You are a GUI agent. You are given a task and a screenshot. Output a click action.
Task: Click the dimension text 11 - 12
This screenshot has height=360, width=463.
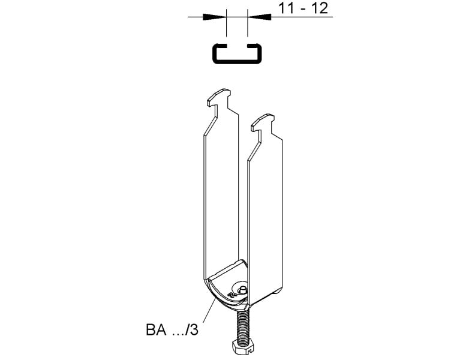coord(303,8)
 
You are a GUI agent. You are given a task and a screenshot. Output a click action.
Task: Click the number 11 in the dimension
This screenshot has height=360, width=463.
coord(286,8)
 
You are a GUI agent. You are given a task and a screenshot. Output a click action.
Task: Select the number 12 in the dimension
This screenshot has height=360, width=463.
coord(320,8)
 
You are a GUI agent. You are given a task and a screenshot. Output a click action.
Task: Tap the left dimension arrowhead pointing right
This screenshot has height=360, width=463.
coord(214,17)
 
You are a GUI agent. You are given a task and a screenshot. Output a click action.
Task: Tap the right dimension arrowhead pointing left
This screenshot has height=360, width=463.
coord(260,17)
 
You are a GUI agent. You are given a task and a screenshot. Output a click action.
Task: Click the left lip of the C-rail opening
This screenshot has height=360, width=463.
coord(220,46)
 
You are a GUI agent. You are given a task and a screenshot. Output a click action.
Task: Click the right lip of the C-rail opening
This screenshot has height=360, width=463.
coord(254,46)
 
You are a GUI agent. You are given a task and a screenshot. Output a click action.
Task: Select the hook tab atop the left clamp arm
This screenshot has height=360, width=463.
coord(219,96)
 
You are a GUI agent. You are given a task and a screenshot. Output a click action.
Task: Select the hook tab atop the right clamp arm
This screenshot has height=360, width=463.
coord(263,121)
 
